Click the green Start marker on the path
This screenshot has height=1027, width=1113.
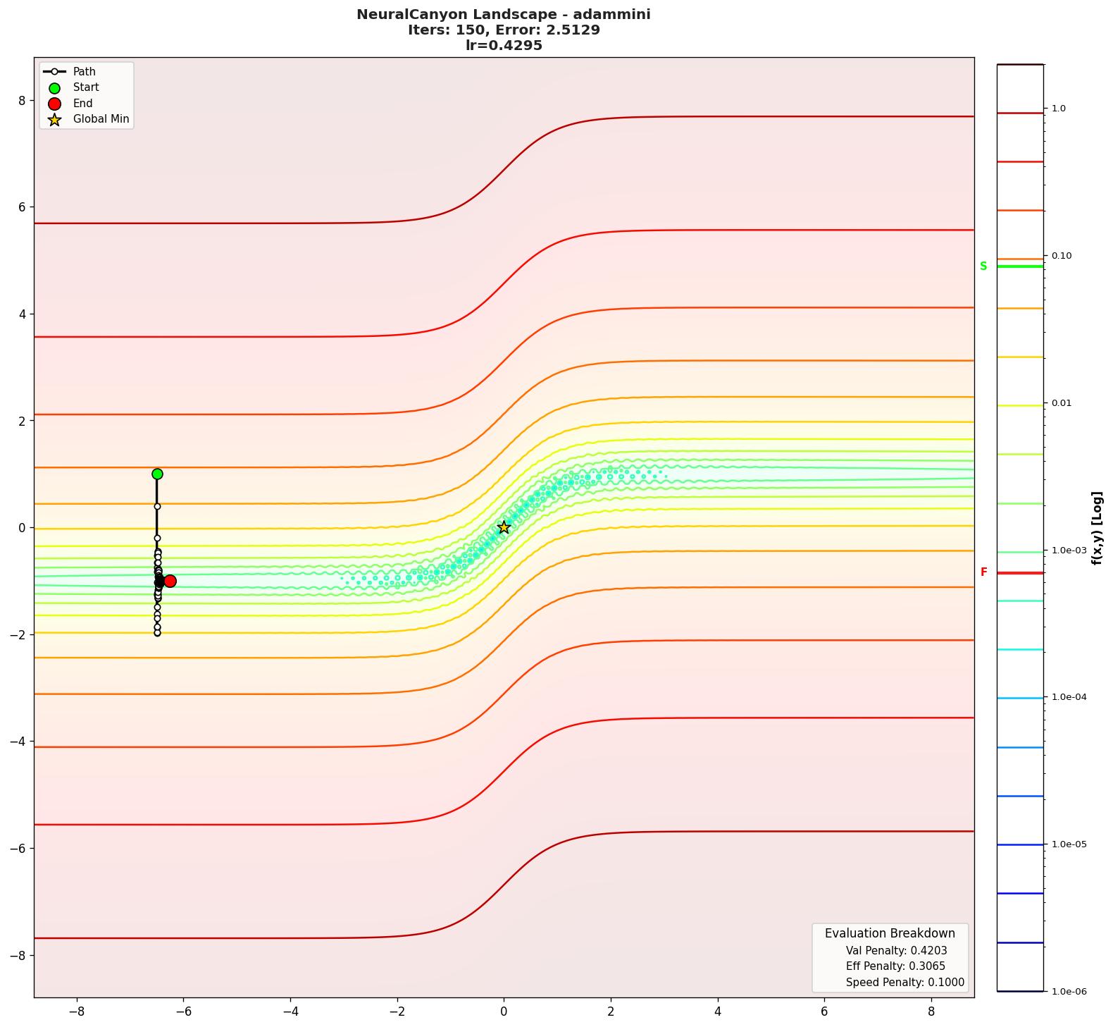click(157, 474)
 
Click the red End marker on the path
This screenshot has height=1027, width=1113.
click(170, 581)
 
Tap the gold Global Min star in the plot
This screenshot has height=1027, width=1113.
click(504, 527)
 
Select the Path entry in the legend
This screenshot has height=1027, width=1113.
click(84, 72)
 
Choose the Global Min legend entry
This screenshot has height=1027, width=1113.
click(101, 119)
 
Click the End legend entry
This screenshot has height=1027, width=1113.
click(82, 103)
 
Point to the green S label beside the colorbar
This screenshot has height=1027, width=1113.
click(983, 266)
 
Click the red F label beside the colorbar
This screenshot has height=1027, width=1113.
click(983, 572)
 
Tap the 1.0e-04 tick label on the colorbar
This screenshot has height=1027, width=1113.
click(1069, 697)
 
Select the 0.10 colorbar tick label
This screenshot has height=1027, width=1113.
click(1062, 256)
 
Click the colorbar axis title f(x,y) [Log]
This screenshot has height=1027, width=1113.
click(1096, 527)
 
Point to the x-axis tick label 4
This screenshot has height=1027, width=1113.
click(718, 1011)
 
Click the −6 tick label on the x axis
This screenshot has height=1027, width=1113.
click(183, 1011)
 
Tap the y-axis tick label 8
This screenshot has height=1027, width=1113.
click(22, 100)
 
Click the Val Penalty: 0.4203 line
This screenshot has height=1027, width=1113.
click(896, 951)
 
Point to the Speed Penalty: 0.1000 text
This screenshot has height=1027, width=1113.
click(904, 983)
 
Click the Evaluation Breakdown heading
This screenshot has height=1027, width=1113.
click(890, 933)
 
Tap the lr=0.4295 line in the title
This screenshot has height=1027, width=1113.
click(504, 46)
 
